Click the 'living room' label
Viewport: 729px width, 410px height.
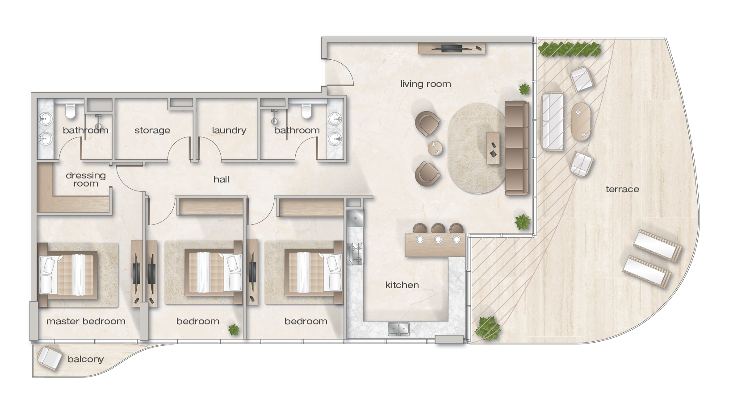pos(425,84)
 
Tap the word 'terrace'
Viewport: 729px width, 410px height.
pos(622,189)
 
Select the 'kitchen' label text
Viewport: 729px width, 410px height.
pos(402,285)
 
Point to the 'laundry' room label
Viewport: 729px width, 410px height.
pos(229,130)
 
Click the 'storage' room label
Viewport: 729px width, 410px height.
pos(152,130)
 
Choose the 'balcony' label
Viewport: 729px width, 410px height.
pos(86,359)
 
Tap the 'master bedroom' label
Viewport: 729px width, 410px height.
pos(86,321)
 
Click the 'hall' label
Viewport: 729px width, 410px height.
pos(221,179)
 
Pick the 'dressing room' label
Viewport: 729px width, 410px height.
pos(86,179)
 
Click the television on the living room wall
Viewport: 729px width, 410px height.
pos(451,49)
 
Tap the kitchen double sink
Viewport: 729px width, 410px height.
pos(398,329)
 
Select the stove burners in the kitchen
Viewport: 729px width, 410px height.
pos(355,253)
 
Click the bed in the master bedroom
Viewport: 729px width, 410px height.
pos(68,275)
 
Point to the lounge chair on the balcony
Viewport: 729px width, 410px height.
pos(50,358)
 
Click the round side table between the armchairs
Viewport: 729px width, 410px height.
pos(435,148)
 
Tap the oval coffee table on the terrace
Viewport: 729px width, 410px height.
pos(581,122)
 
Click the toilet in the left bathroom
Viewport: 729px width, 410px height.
pos(70,111)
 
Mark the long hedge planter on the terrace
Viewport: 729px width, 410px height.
pos(570,50)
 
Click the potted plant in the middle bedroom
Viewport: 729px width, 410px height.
pos(234,330)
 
